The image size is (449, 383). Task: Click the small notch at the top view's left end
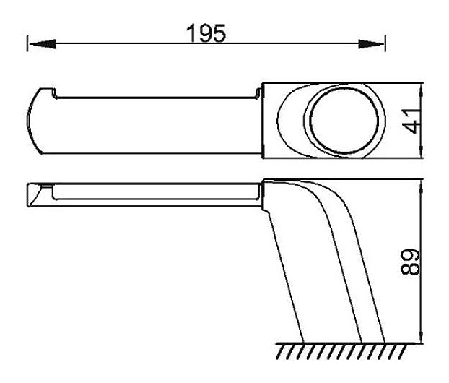click(x=53, y=92)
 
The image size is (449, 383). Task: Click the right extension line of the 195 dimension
click(x=386, y=45)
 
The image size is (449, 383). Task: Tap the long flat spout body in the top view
click(x=152, y=123)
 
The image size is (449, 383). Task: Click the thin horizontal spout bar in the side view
click(x=152, y=192)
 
